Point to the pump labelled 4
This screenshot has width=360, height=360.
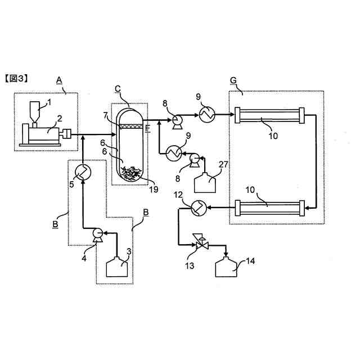coord(96,232)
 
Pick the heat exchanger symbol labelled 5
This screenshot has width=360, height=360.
coord(83,170)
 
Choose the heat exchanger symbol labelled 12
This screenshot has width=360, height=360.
coord(197,209)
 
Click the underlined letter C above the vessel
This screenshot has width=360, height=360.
coord(118,88)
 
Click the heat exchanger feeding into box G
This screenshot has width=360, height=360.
coord(205,115)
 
